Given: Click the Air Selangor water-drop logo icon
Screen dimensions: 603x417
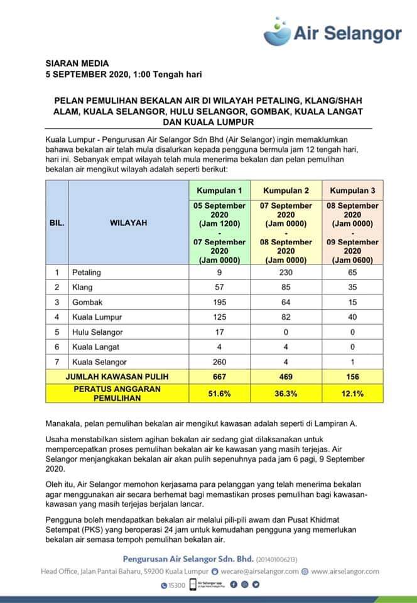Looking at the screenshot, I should (x=277, y=28).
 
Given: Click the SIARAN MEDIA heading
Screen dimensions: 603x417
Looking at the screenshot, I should (x=77, y=63).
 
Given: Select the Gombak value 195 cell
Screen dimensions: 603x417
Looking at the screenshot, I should (x=219, y=302).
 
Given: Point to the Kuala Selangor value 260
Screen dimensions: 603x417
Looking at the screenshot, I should (x=219, y=362).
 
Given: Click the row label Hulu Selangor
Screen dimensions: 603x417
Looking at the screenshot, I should (x=97, y=332).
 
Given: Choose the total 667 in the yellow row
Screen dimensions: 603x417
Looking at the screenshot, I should (x=219, y=377).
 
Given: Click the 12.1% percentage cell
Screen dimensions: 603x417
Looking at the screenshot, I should (x=352, y=393).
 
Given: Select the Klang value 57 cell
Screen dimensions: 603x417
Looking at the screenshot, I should (x=219, y=288).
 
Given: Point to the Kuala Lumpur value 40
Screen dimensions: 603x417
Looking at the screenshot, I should (x=352, y=317).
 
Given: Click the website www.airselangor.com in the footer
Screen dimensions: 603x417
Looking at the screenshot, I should (x=345, y=571).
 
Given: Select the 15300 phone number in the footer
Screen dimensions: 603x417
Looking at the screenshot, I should (x=178, y=585).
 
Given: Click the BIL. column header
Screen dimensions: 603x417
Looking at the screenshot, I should (x=57, y=222).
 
